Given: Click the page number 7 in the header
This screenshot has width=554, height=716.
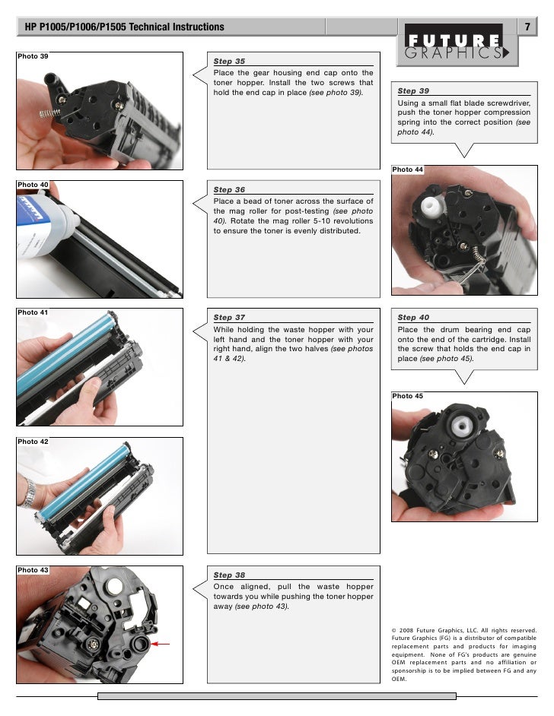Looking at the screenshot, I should click(x=527, y=27).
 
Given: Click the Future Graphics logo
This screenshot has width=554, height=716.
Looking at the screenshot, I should click(x=457, y=46).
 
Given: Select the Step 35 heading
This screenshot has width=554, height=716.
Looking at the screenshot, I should click(x=229, y=61).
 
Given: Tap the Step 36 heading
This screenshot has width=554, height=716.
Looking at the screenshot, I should click(x=229, y=190).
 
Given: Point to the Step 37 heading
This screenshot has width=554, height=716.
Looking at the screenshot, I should click(x=229, y=318).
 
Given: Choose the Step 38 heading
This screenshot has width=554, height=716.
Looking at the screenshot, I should click(x=229, y=575).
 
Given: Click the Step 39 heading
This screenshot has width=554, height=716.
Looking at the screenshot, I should click(x=413, y=91).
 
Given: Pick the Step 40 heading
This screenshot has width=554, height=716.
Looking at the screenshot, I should click(x=413, y=318).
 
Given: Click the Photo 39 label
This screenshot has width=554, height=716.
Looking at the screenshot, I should click(x=33, y=57).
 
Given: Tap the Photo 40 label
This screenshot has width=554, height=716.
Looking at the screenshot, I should click(x=33, y=185).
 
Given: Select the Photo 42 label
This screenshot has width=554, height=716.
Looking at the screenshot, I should click(x=33, y=442).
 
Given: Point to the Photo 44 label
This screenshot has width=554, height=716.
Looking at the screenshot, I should click(x=408, y=169).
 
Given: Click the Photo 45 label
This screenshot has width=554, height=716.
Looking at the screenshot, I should click(x=408, y=396).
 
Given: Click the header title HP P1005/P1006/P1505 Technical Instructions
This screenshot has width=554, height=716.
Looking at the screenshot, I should click(x=125, y=27).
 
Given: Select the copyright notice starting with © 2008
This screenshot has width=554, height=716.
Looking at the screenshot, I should click(x=463, y=654).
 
